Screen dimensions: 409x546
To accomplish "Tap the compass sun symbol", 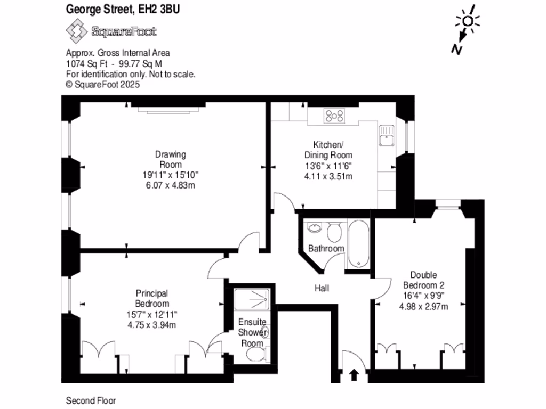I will pos(468,21).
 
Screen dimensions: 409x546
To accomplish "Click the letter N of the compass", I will pos(456,49).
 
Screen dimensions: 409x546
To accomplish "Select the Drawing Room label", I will pos(171,159).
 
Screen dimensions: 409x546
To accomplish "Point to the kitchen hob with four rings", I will pos(334,116).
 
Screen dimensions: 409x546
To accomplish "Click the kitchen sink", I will pos(386,136).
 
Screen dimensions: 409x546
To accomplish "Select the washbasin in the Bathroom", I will pos(315,228).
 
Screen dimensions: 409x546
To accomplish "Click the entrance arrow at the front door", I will pos(353,375).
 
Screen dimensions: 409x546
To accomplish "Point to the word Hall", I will pos(322,288).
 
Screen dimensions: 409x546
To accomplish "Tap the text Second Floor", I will pos(90,400).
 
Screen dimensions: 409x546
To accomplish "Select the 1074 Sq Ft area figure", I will pos(84,63).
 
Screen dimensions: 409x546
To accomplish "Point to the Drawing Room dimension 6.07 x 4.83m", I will pos(171,184).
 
